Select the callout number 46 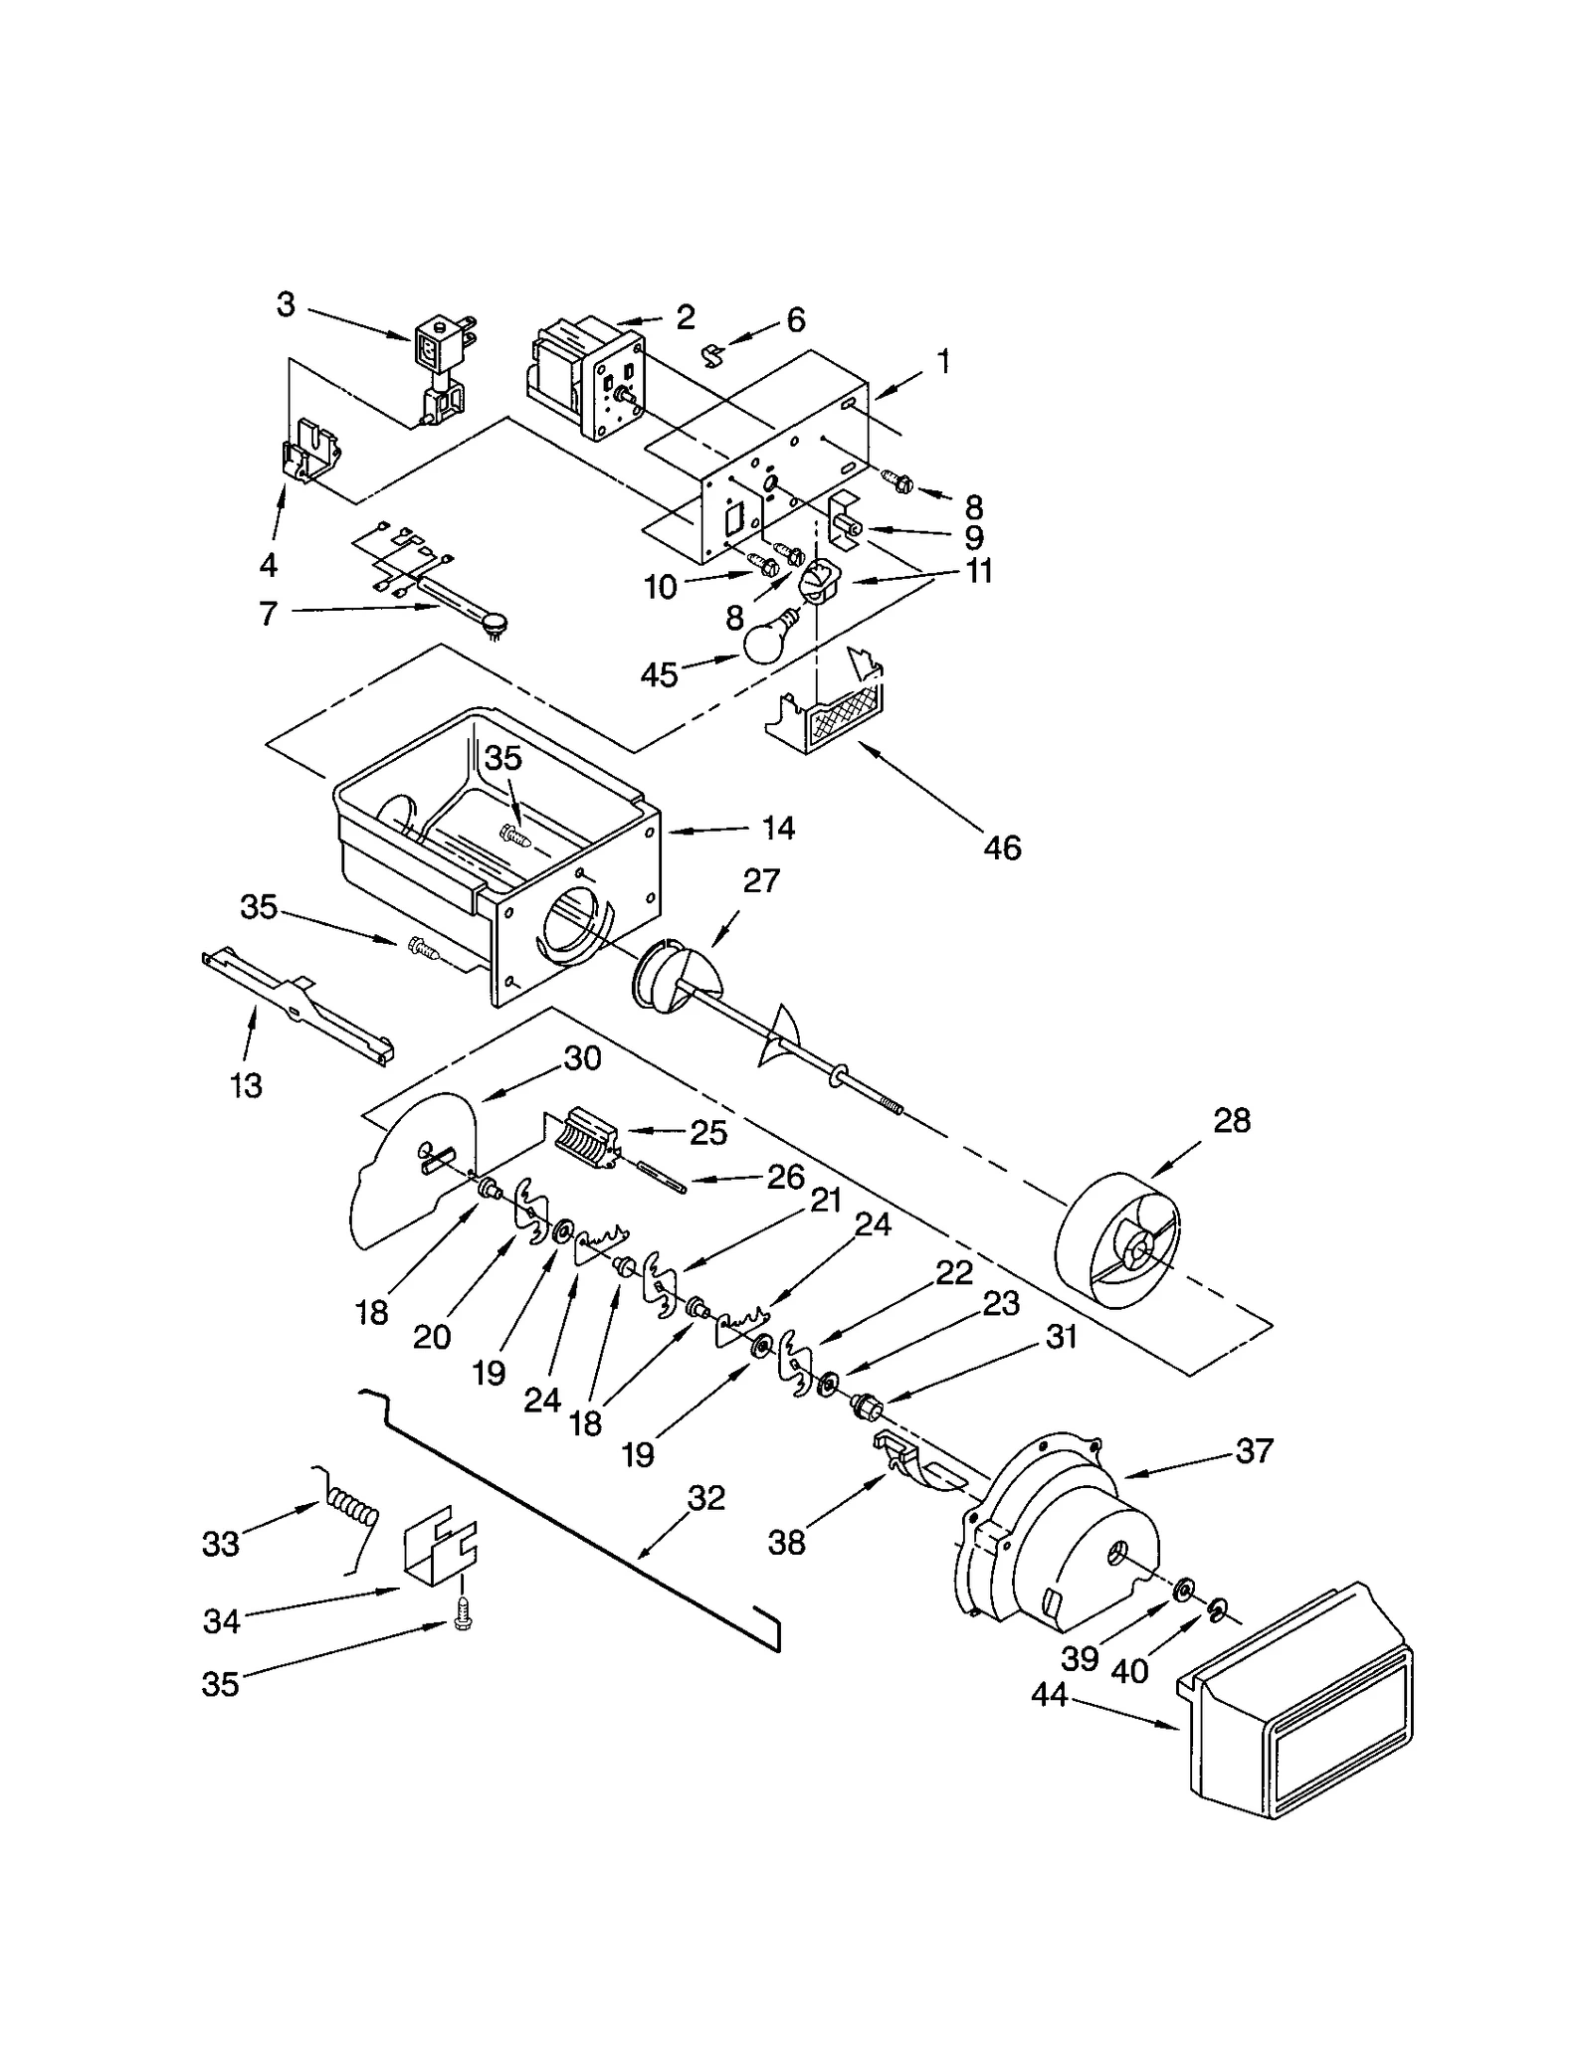(1002, 847)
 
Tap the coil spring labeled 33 (350, 1518)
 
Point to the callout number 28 (1231, 1121)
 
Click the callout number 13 (246, 1084)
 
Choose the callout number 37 (1254, 1451)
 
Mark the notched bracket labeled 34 (439, 1556)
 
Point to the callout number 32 (706, 1498)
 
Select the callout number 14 (778, 828)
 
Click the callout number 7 (268, 614)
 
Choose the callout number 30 (582, 1058)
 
